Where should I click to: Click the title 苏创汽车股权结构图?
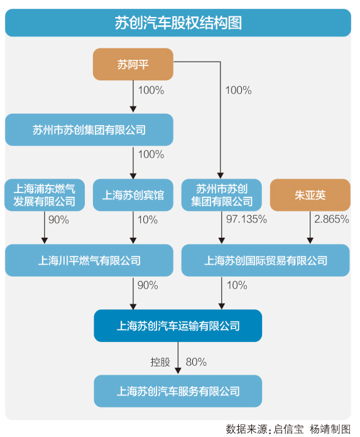click(x=178, y=23)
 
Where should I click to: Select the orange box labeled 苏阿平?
click(x=133, y=64)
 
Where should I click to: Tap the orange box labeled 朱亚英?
click(x=310, y=195)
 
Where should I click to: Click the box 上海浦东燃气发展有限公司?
click(x=45, y=195)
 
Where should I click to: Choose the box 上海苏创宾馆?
click(x=133, y=195)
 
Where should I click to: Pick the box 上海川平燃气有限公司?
click(x=89, y=260)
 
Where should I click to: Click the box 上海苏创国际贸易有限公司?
click(x=266, y=260)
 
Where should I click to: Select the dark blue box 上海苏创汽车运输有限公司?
click(x=178, y=326)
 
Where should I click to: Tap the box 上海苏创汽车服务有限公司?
click(x=178, y=391)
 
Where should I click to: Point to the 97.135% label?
click(x=246, y=219)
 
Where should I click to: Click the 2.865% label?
click(x=332, y=219)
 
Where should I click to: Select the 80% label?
click(x=196, y=362)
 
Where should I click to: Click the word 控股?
click(x=160, y=362)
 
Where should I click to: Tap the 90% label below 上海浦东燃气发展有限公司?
click(x=59, y=220)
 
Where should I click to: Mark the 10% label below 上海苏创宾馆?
click(x=148, y=220)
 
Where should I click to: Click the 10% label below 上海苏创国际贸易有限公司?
click(x=237, y=285)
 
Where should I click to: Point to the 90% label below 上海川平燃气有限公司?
click(x=148, y=285)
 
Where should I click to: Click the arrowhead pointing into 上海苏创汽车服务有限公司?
click(x=178, y=371)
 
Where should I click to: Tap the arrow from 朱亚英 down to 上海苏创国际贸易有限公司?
click(x=310, y=227)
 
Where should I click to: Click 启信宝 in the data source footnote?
click(x=288, y=429)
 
